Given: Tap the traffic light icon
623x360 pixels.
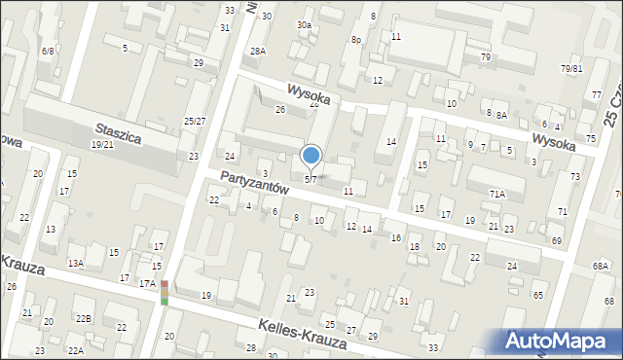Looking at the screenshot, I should click(x=165, y=292).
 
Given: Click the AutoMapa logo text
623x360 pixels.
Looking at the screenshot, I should click(x=565, y=341).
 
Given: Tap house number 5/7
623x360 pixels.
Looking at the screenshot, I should click(x=311, y=179).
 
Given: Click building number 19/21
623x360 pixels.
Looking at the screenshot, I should click(x=101, y=144).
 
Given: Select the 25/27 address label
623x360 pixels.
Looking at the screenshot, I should click(x=195, y=121).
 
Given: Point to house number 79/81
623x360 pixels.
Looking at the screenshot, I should click(x=571, y=68).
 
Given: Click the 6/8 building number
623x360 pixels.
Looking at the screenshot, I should click(x=47, y=50).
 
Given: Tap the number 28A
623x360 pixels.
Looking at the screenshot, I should click(x=257, y=51).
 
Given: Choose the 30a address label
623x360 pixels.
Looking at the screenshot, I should click(x=305, y=24).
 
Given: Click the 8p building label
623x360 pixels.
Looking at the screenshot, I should click(x=357, y=40).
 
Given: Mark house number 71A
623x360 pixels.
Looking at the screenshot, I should click(x=496, y=194).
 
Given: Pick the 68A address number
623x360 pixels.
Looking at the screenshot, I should click(x=600, y=266).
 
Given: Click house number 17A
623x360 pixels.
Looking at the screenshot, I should click(x=147, y=283).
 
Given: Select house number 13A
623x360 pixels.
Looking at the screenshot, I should click(x=75, y=263).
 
